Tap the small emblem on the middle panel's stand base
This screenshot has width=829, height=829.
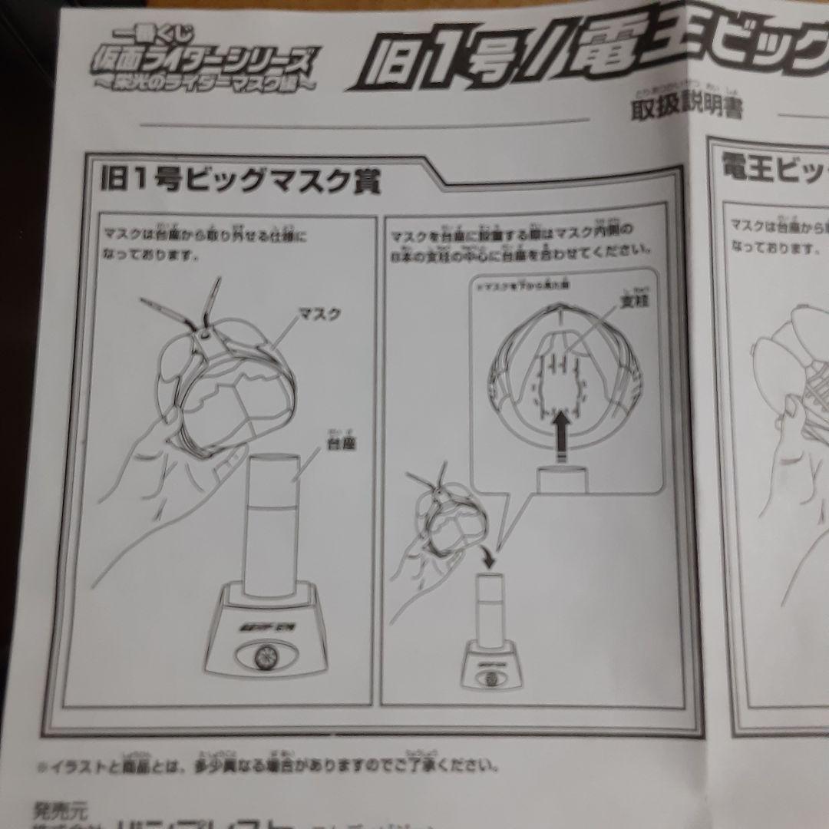point(491,677)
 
